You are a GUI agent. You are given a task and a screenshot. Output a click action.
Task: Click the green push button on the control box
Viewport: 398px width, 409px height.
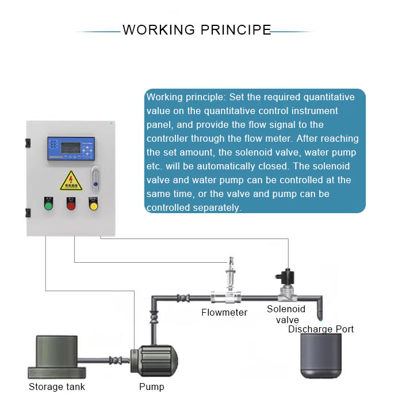coord(48,205)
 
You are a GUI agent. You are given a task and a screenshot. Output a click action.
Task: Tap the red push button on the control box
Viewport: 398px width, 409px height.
coord(71,205)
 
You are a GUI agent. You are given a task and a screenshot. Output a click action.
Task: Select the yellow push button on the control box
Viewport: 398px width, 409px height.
coord(93,204)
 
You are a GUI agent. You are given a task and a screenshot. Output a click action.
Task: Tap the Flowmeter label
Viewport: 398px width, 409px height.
coord(224,313)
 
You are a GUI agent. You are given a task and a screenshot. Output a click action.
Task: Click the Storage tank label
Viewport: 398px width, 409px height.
coord(56,387)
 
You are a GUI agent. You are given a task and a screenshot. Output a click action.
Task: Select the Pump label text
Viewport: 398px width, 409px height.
coord(151,387)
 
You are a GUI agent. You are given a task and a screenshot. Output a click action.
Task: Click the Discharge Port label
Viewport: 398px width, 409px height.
coord(320,330)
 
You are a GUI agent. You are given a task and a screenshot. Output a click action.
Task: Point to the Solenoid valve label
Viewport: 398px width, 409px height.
coord(286,315)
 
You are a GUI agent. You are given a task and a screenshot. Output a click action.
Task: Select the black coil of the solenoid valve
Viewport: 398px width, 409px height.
coord(285,276)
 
